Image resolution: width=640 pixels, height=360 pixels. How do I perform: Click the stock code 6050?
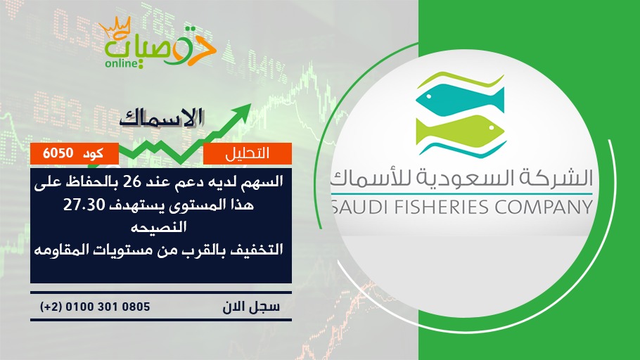(58, 153)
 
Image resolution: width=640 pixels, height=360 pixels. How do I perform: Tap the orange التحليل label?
(247, 153)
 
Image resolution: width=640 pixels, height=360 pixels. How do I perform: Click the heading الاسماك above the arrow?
(161, 117)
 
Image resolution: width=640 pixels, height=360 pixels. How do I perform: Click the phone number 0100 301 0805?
(108, 307)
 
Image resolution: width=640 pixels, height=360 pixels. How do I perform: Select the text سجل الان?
(251, 307)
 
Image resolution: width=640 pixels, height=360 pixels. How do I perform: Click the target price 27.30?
(84, 205)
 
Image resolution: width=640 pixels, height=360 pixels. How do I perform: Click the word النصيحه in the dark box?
(158, 226)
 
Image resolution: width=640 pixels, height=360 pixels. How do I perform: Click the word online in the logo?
(122, 63)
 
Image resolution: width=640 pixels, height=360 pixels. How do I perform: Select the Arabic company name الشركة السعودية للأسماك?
(461, 178)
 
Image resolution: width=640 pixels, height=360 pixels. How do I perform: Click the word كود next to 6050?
(93, 153)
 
